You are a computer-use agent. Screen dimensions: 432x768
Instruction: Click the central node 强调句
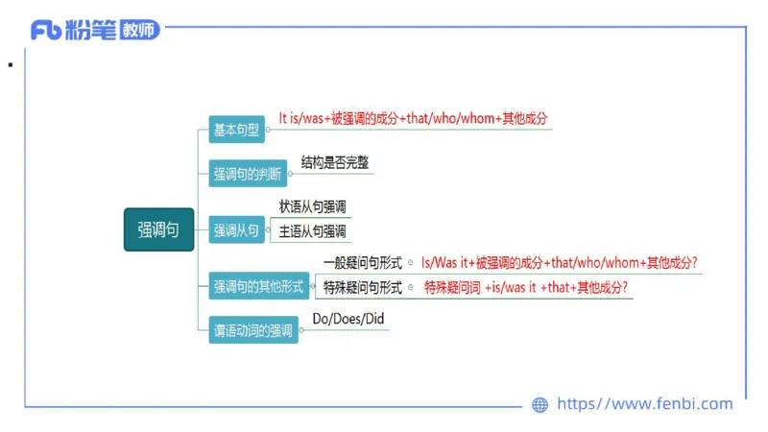point(158,229)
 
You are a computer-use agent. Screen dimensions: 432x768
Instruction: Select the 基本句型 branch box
point(236,129)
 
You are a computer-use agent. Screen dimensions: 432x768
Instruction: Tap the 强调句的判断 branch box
point(247,175)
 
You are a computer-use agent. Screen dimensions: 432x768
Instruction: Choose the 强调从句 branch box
point(236,230)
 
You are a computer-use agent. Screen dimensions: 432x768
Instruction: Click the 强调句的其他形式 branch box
point(258,285)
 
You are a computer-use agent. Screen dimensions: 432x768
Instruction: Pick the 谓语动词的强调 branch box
point(253,331)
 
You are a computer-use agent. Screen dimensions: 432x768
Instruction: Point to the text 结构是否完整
point(335,162)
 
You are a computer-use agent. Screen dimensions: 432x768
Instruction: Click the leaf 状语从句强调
point(312,206)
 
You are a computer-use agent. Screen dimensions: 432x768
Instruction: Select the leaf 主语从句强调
point(312,231)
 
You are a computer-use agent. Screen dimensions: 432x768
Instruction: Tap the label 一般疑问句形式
point(363,262)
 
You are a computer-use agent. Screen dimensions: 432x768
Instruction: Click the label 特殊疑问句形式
point(363,287)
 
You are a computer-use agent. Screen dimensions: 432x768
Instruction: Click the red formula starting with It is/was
point(413,118)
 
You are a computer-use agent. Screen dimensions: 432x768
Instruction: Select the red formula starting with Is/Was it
point(559,262)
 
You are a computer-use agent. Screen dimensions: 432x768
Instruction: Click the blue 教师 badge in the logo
point(140,31)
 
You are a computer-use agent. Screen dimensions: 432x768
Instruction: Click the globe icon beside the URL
point(540,405)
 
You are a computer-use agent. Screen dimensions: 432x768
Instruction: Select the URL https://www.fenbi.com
point(644,404)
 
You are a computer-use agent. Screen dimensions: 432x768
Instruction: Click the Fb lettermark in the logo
point(45,31)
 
